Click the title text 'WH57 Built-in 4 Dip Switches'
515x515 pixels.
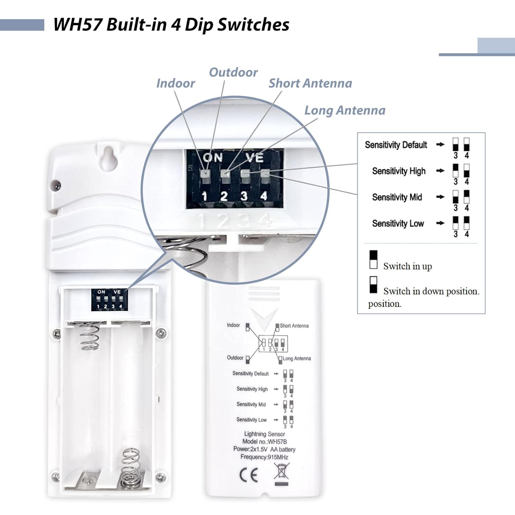(x=171, y=25)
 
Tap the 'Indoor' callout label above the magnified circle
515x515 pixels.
(x=175, y=83)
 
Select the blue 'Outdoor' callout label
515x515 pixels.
(x=233, y=72)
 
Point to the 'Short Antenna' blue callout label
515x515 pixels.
(x=310, y=83)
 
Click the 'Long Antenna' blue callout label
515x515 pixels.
(x=345, y=111)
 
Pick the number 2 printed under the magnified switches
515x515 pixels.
(x=224, y=196)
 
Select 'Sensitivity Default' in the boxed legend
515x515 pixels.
(x=396, y=145)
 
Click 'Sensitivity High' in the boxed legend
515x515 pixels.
(x=399, y=171)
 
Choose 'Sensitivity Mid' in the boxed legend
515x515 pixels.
(x=397, y=197)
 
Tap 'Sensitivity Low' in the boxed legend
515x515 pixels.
(x=398, y=224)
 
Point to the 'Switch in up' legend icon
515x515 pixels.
(x=373, y=260)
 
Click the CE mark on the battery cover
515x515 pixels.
(x=249, y=475)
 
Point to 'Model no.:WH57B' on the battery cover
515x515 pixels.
(x=264, y=442)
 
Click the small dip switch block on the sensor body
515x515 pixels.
(x=109, y=300)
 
